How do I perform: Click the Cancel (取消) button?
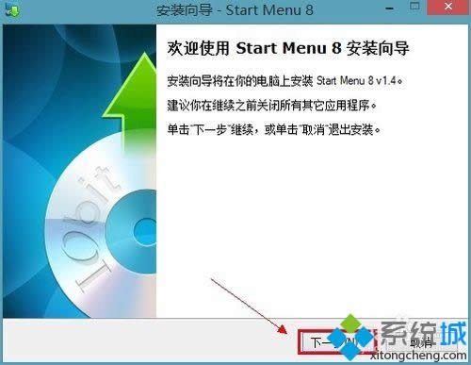pos(420,341)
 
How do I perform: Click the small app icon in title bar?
pos(11,12)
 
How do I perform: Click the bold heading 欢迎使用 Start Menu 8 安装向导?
pos(293,47)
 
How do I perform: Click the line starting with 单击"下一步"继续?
pos(273,128)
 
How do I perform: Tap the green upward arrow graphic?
pos(118,104)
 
